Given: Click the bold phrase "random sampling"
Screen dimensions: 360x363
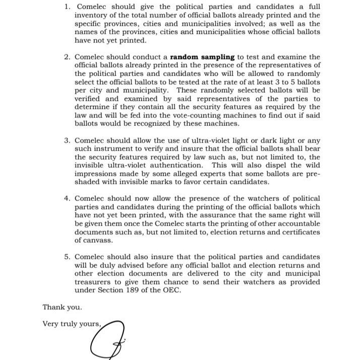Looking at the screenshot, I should coord(202,57).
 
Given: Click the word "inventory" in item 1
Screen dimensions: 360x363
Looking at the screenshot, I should coord(91,16).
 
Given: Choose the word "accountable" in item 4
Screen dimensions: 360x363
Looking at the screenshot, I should coord(297,224).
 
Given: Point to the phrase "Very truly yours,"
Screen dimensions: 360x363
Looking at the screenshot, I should coord(72,324).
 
